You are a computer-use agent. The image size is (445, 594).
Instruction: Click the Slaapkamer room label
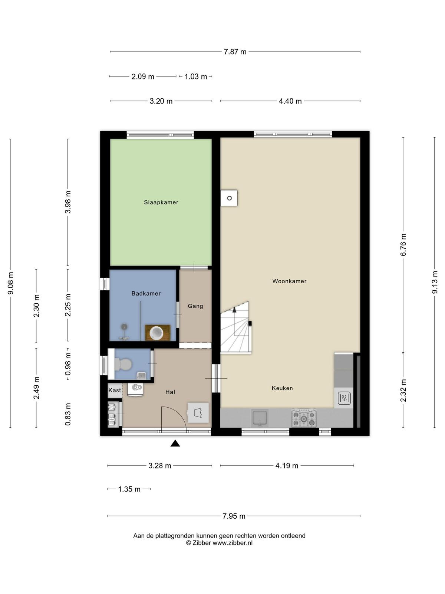[x=161, y=202]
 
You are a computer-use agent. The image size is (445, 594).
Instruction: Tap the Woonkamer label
[x=289, y=281]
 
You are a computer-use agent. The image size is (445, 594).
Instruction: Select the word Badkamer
[x=146, y=293]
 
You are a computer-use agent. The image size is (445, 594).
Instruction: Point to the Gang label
[x=195, y=306]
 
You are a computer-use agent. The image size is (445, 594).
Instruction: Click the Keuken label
[x=282, y=388]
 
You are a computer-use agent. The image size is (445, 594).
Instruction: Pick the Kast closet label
[x=115, y=390]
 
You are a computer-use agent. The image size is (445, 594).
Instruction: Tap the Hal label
[x=170, y=392]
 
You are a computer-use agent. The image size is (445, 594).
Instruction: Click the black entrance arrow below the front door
[x=175, y=443]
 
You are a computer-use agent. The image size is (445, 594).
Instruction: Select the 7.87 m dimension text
[x=235, y=52]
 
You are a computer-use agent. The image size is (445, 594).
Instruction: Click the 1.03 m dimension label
[x=196, y=76]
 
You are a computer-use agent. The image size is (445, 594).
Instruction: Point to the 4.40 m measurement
[x=290, y=101]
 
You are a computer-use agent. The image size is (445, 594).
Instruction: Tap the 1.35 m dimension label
[x=129, y=489]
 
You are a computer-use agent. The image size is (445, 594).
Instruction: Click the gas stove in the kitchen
[x=304, y=418]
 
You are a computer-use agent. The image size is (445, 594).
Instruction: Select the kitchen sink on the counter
[x=260, y=418]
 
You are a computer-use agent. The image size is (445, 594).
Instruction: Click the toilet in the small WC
[x=123, y=364]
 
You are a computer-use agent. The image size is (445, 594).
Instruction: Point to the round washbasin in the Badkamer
[x=157, y=333]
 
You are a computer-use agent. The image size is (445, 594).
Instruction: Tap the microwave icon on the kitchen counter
[x=344, y=398]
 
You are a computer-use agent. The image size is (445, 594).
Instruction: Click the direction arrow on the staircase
[x=234, y=310]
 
